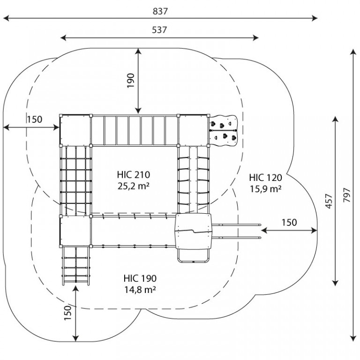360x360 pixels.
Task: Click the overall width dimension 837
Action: tap(160, 11)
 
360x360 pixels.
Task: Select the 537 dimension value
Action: tap(159, 30)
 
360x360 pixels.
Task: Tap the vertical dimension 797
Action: tap(347, 195)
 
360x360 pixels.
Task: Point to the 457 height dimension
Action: tap(329, 202)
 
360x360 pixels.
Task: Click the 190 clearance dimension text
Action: tap(131, 81)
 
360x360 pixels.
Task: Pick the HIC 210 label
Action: tap(134, 175)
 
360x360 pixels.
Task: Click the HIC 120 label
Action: tap(265, 178)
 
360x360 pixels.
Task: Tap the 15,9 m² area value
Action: tap(266, 189)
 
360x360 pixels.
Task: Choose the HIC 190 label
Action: tap(140, 278)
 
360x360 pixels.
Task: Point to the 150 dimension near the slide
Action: tap(289, 223)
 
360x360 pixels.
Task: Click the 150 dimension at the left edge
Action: tap(35, 120)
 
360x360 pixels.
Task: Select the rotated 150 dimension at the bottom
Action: tap(67, 313)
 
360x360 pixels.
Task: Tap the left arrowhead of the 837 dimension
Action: tap(6, 18)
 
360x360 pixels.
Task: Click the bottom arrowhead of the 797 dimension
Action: tap(353, 338)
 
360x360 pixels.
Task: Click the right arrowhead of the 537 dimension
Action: tap(255, 37)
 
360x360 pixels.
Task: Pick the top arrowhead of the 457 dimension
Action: tap(336, 120)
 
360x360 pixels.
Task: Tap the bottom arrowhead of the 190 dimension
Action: tap(138, 111)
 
